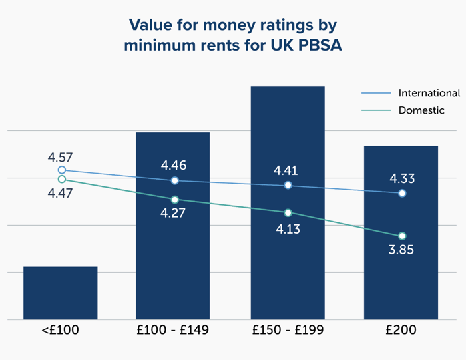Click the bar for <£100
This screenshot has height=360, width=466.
click(61, 293)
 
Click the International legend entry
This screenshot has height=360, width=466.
click(429, 93)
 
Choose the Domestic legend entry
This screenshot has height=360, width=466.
click(421, 110)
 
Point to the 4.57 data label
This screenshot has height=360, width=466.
click(60, 158)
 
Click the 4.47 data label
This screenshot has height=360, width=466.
click(60, 193)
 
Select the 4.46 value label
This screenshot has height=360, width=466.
click(173, 166)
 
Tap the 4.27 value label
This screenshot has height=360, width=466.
click(173, 214)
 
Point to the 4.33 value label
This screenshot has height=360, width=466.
click(402, 178)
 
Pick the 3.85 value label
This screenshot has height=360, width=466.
click(402, 252)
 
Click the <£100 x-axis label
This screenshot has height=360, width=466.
click(60, 331)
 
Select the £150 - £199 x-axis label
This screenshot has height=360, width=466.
click(288, 331)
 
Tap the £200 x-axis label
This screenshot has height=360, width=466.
click(401, 331)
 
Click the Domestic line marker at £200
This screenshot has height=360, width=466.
click(402, 236)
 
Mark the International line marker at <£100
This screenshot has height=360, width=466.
click(62, 170)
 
